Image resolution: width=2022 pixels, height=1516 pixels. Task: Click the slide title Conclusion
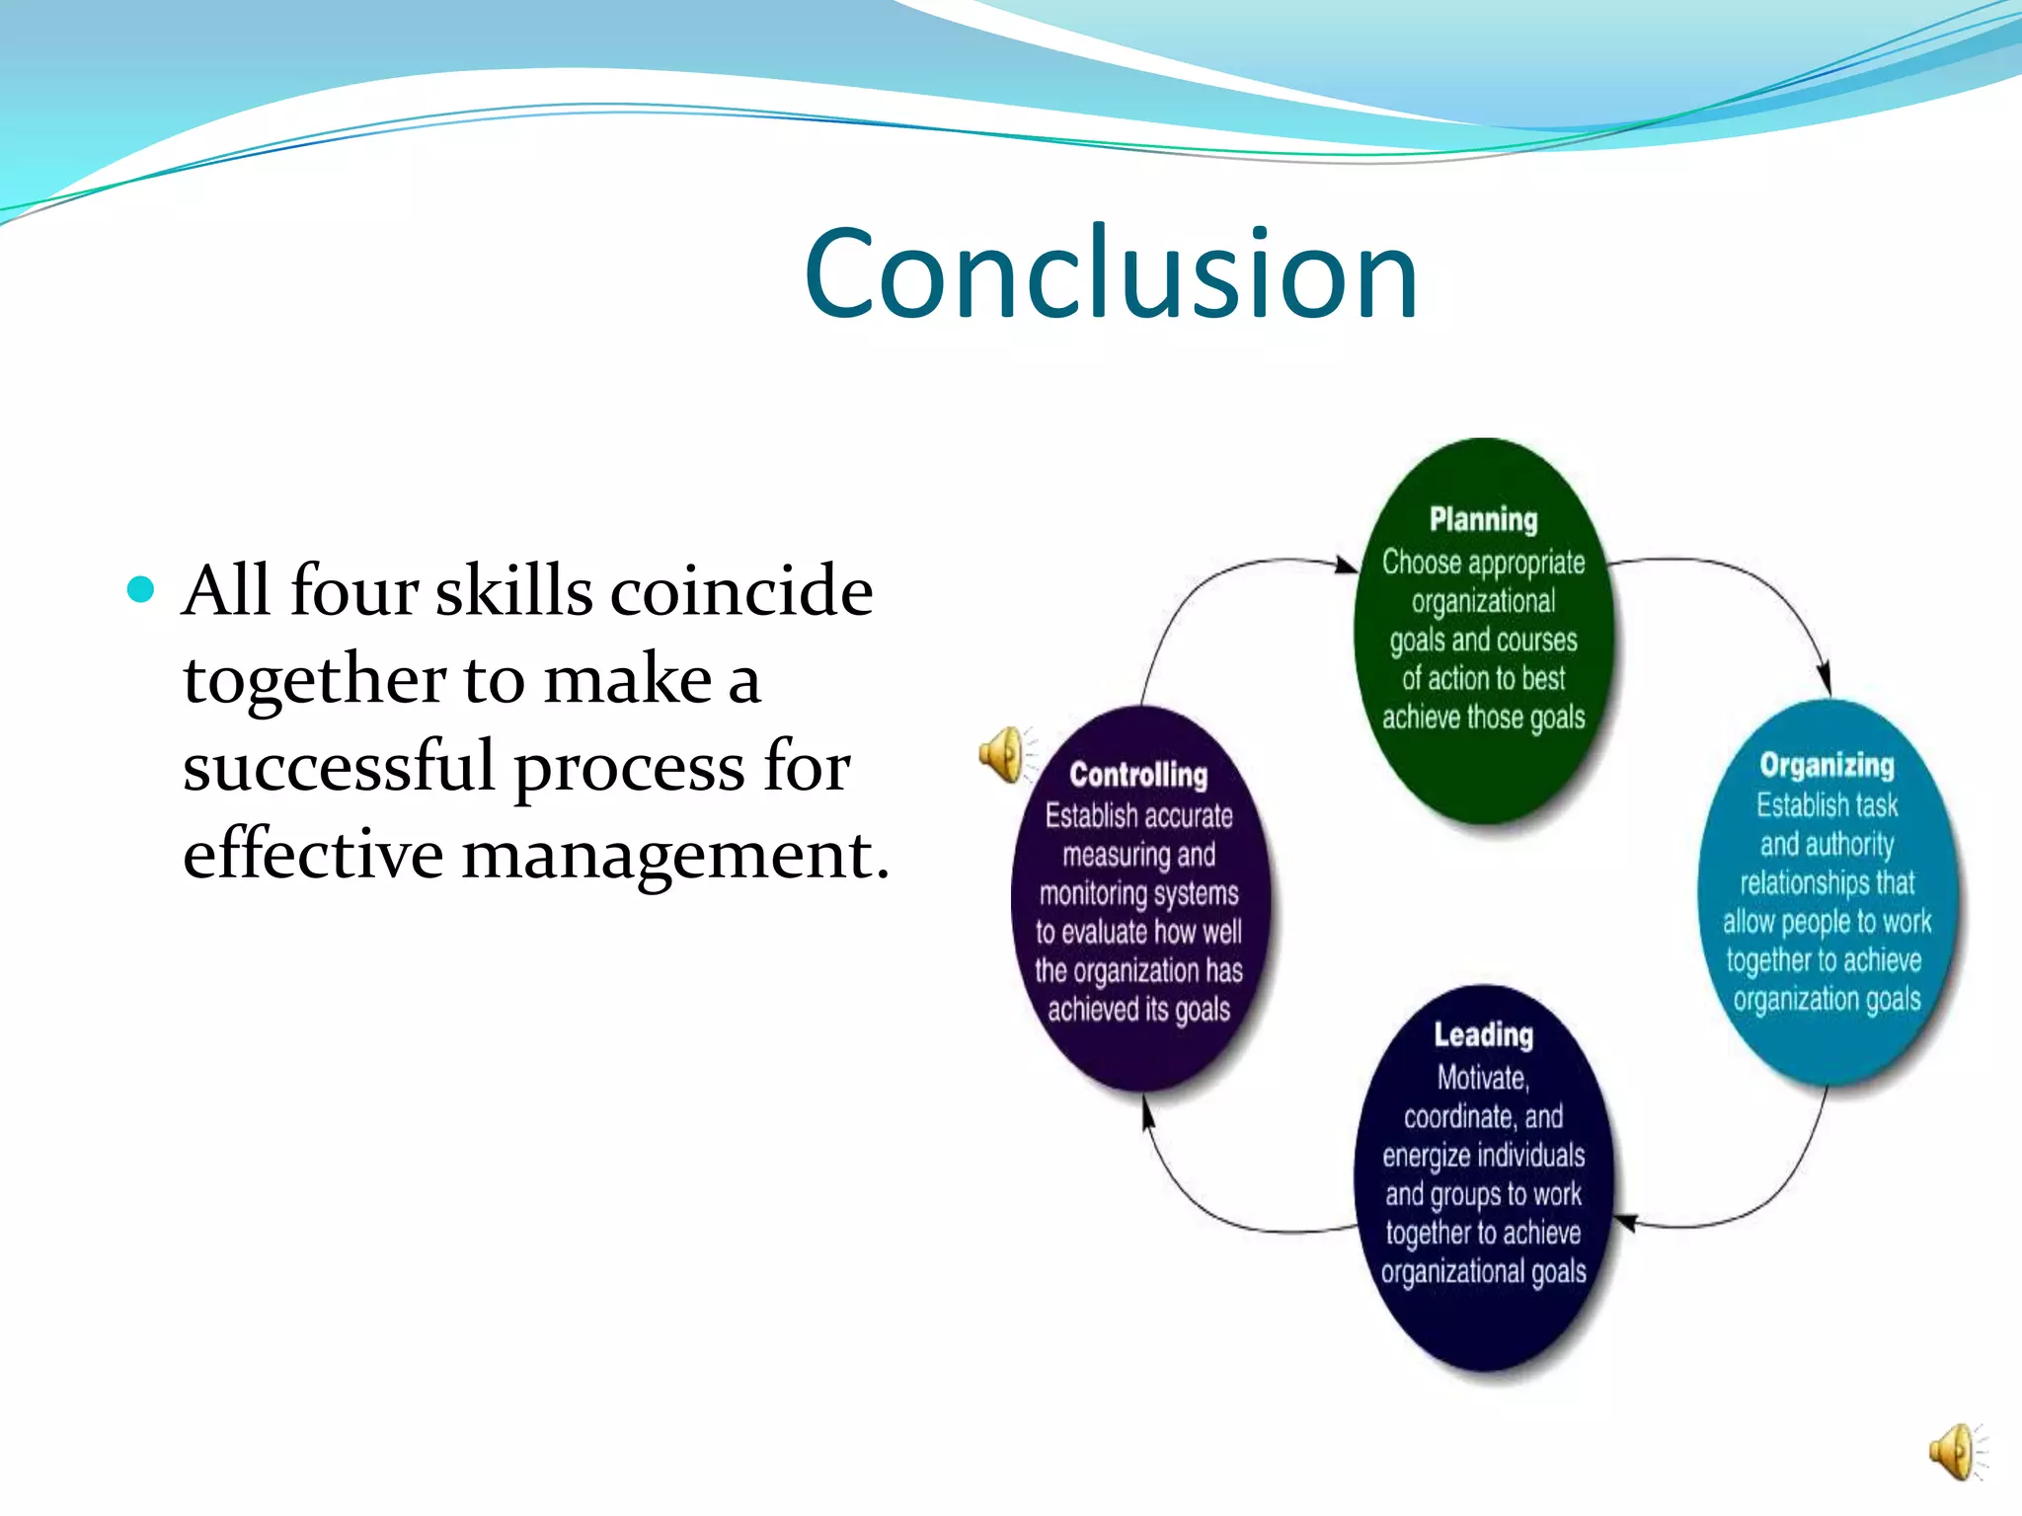[x=1111, y=273]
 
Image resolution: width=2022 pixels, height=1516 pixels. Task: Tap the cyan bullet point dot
[x=142, y=589]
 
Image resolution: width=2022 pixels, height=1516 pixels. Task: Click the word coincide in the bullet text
[x=741, y=591]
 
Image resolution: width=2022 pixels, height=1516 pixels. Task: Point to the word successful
[x=338, y=767]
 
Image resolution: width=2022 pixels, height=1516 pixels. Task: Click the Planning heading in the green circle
[x=1483, y=519]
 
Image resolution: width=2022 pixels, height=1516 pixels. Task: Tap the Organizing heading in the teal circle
[x=1827, y=765]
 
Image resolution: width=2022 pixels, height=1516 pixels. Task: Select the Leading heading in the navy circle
[x=1483, y=1034]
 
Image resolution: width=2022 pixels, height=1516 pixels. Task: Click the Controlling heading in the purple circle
[x=1138, y=775]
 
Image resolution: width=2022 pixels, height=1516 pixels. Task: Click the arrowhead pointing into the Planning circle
[x=1347, y=566]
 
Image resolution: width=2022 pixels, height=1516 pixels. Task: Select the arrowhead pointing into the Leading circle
[x=1625, y=1223]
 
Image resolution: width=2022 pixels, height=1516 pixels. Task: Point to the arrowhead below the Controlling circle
[x=1147, y=1114]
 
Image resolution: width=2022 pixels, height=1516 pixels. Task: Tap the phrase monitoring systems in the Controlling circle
[x=1138, y=893]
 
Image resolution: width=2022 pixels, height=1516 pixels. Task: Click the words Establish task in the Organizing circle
[x=1827, y=805]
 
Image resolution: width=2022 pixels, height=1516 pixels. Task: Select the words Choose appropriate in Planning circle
[x=1483, y=563]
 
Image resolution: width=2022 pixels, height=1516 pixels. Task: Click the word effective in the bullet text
[x=312, y=854]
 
